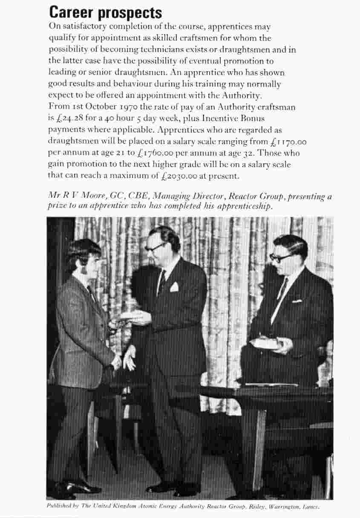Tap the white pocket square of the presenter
(174, 286)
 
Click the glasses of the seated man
(281, 257)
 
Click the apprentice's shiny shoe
(77, 486)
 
